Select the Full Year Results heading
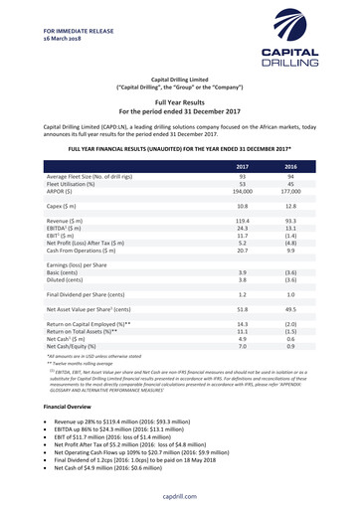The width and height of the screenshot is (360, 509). (x=180, y=101)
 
